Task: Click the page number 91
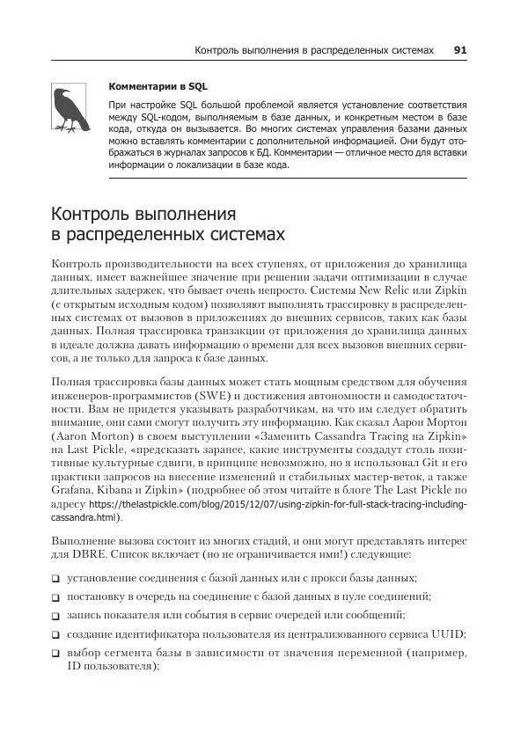point(459,51)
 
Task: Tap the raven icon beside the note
point(68,109)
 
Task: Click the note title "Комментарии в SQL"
point(146,87)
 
